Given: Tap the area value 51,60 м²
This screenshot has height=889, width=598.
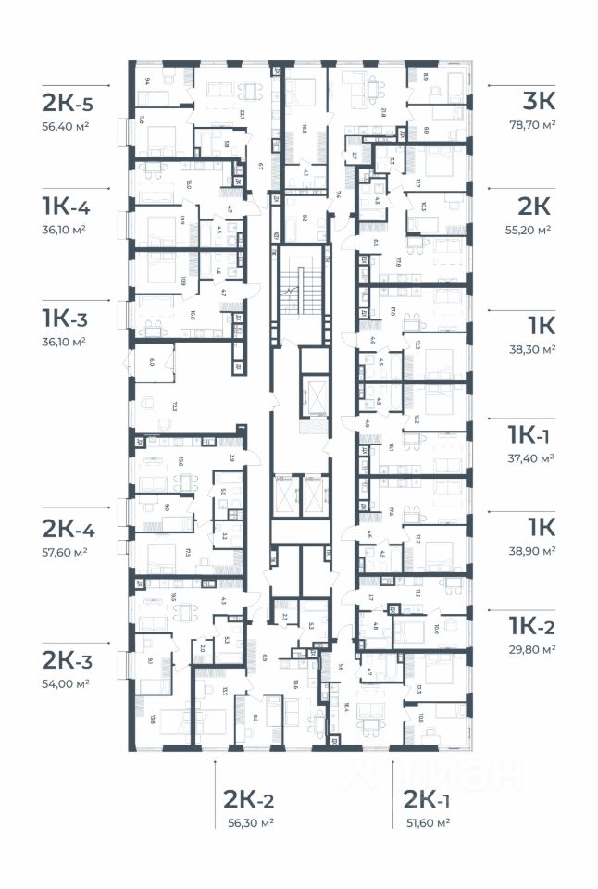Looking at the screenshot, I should pos(427,822).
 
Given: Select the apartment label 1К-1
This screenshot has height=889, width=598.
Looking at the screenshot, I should pos(530,435).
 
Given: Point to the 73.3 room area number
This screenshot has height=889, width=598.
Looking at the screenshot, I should pos(174,405).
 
